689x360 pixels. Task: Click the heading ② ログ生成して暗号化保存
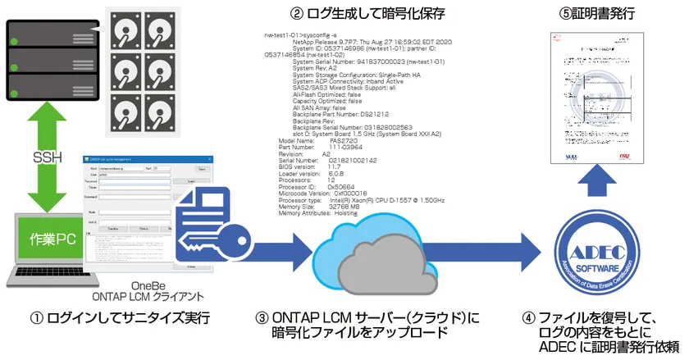coord(354,14)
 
